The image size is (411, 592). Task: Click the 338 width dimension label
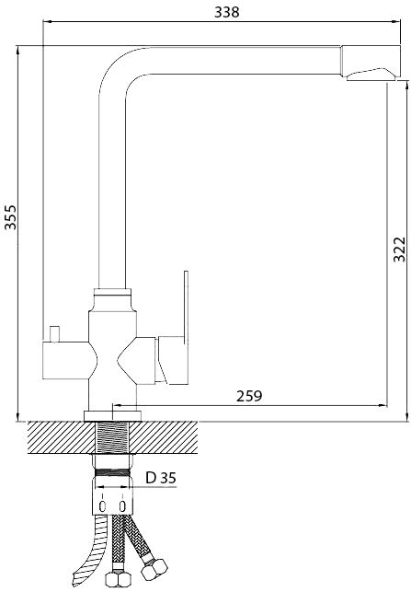click(226, 12)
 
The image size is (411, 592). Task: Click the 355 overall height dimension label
click(10, 217)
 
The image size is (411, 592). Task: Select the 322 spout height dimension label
click(399, 250)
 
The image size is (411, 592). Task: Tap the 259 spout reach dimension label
click(249, 396)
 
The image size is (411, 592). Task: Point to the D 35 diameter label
click(161, 478)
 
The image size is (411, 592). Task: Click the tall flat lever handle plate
click(186, 328)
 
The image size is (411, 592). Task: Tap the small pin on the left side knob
click(55, 333)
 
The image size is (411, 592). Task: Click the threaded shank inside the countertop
click(113, 437)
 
